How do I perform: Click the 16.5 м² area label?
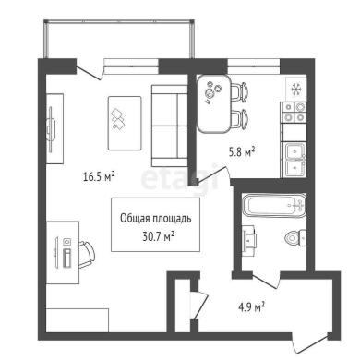[99, 176]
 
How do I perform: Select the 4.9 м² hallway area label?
[252, 306]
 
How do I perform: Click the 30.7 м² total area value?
[159, 236]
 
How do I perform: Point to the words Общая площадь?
[156, 219]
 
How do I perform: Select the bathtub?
[274, 205]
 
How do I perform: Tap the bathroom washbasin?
[249, 238]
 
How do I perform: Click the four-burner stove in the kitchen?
[294, 113]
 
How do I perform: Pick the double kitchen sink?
[294, 160]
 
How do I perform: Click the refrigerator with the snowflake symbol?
[296, 89]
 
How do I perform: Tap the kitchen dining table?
[214, 104]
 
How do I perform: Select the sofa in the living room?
[170, 126]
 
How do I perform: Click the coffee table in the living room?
[125, 123]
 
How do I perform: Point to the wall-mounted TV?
[51, 128]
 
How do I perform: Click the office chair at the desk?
[86, 255]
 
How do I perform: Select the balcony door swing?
[90, 74]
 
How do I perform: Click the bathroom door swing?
[266, 281]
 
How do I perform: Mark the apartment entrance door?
[310, 345]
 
